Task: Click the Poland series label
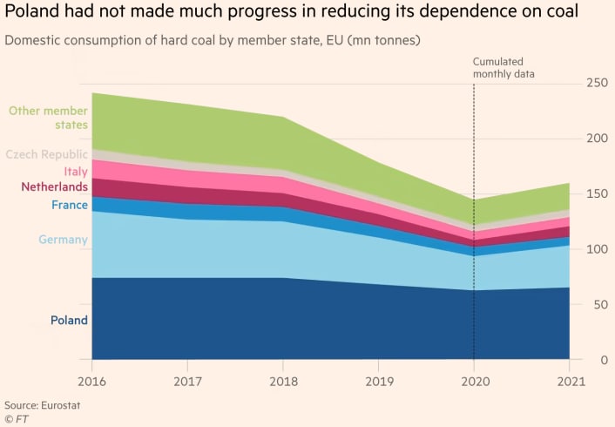pyautogui.click(x=69, y=320)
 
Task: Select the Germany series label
pyautogui.click(x=63, y=240)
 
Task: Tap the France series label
pyautogui.click(x=68, y=205)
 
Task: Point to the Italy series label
pyautogui.click(x=75, y=172)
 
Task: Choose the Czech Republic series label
pyautogui.click(x=47, y=154)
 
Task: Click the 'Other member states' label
pyautogui.click(x=48, y=118)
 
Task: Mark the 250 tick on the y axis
pyautogui.click(x=596, y=83)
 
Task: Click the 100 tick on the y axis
pyautogui.click(x=596, y=248)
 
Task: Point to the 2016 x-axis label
pyautogui.click(x=91, y=381)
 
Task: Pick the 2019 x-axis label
pyautogui.click(x=378, y=381)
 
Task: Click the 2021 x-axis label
pyautogui.click(x=569, y=381)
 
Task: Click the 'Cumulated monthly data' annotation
pyautogui.click(x=503, y=68)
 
